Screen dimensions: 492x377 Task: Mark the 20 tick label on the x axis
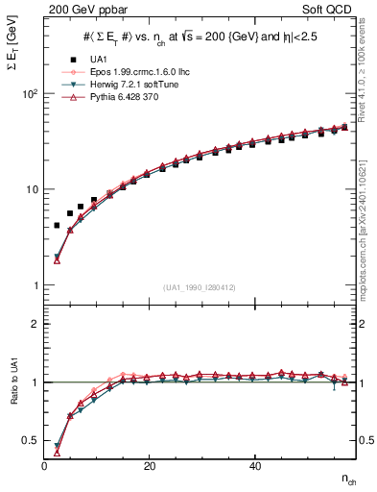pos(149,466)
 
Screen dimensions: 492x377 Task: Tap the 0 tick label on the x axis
pos(45,466)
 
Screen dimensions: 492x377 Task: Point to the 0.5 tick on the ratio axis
pos(33,440)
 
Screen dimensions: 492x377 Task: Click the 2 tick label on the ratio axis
pos(36,324)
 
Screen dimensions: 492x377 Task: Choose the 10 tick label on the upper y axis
pos(33,189)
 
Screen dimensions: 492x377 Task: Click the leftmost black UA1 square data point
pos(57,225)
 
